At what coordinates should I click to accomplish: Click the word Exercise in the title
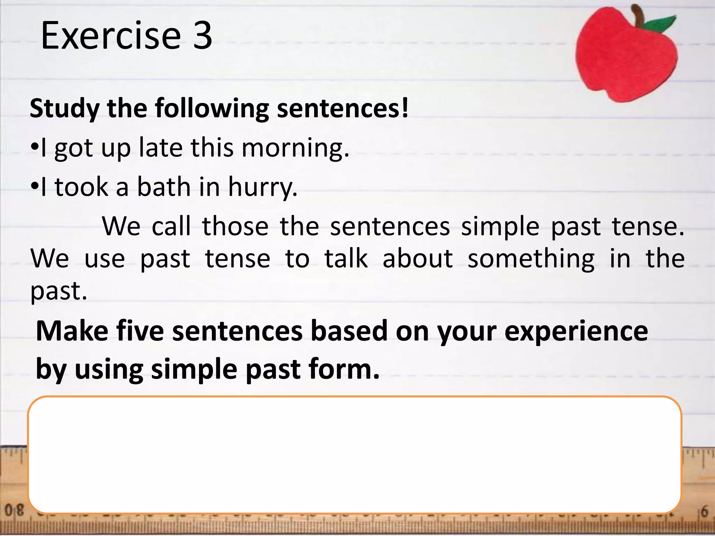point(111,36)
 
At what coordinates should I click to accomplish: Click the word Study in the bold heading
point(65,109)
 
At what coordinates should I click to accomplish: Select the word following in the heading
point(212,109)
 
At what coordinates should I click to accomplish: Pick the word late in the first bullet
point(161,147)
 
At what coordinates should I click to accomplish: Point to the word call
point(171,226)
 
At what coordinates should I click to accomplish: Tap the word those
point(235,226)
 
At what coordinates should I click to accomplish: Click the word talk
point(346,259)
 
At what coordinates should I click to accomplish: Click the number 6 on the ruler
point(705,512)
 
